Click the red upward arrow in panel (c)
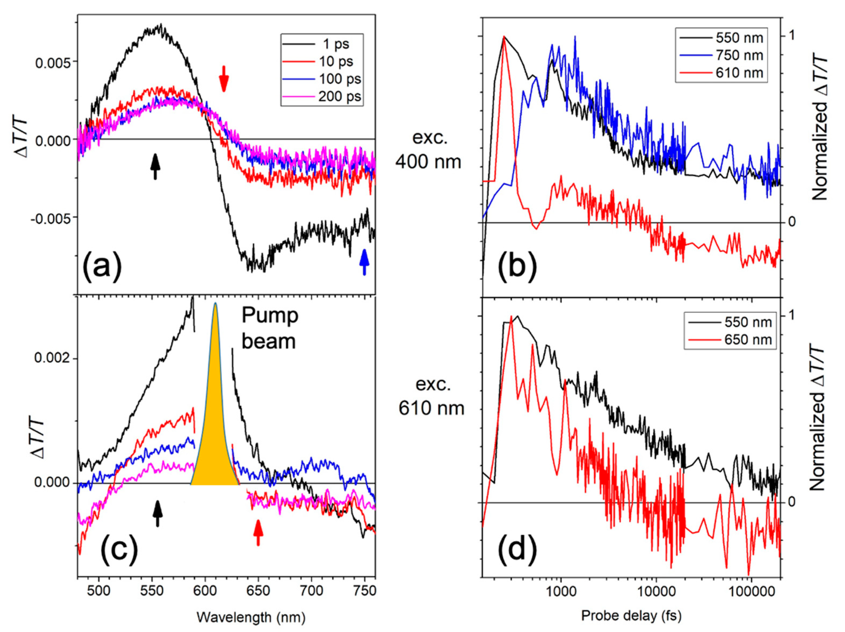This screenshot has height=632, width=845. [258, 532]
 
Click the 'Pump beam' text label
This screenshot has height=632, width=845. [270, 328]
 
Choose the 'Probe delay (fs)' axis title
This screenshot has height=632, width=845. [631, 615]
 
